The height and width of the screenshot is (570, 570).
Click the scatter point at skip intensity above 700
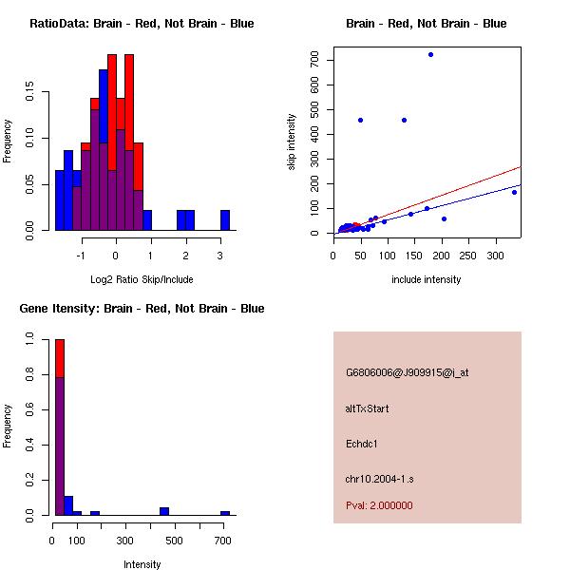click(430, 54)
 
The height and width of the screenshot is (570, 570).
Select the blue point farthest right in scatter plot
click(514, 192)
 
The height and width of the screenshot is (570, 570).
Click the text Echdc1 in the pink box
click(362, 443)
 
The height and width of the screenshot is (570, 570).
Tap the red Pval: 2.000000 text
click(379, 505)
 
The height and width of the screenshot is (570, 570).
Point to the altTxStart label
click(368, 408)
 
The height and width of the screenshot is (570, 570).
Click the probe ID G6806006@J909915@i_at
click(407, 372)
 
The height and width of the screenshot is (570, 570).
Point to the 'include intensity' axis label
click(427, 279)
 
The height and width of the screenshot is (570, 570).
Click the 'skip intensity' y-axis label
click(293, 142)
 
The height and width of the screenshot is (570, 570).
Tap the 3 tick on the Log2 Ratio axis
click(220, 255)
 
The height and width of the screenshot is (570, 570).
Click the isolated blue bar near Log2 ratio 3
click(225, 219)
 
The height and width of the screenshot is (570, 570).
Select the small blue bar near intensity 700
click(225, 513)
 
